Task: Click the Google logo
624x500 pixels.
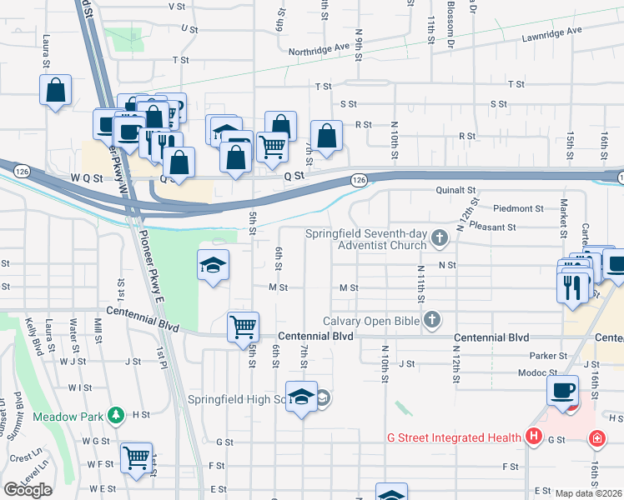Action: (x=28, y=489)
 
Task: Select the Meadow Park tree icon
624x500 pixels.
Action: (x=118, y=415)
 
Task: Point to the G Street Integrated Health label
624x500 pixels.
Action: (x=454, y=436)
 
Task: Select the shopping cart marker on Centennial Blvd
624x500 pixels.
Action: (x=243, y=326)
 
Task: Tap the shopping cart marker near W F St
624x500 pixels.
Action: (x=136, y=457)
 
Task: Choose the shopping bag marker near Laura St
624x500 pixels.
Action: (x=55, y=90)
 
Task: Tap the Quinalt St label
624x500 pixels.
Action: (x=455, y=189)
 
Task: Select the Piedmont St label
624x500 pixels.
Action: (x=518, y=208)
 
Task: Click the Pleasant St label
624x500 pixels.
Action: (x=493, y=226)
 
